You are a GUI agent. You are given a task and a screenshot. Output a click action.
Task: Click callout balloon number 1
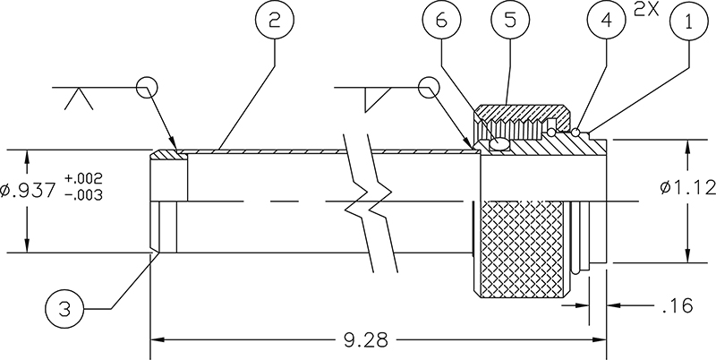coord(689,26)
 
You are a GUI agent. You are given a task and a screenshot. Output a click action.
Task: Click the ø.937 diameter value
coord(30,190)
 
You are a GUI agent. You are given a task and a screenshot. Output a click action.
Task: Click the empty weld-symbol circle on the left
coord(148,88)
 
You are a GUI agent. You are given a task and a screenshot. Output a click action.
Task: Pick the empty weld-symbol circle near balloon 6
coord(430,88)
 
